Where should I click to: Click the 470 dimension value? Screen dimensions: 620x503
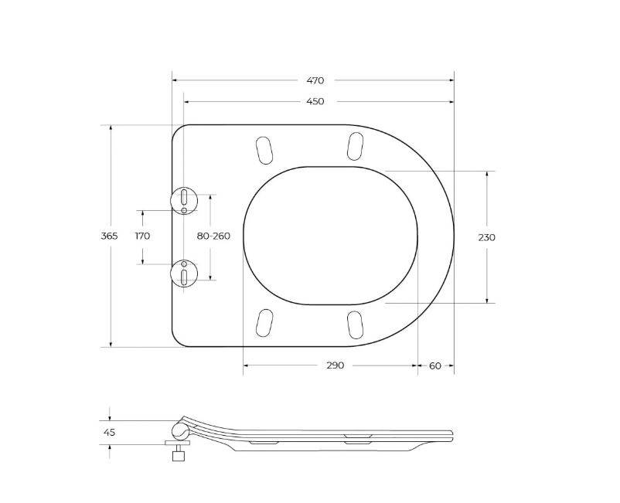[315, 80]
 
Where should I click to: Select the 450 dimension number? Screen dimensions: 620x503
[315, 101]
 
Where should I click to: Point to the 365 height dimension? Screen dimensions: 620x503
[110, 236]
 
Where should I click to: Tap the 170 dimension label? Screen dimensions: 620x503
[142, 236]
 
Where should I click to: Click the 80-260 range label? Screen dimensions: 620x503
[213, 236]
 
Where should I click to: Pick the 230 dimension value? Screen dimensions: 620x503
[486, 237]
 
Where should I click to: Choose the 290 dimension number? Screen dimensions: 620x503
[336, 365]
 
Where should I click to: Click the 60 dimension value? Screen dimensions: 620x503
[435, 366]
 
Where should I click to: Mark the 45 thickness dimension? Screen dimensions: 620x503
[109, 432]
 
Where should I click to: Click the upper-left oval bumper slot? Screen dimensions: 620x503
[264, 150]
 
